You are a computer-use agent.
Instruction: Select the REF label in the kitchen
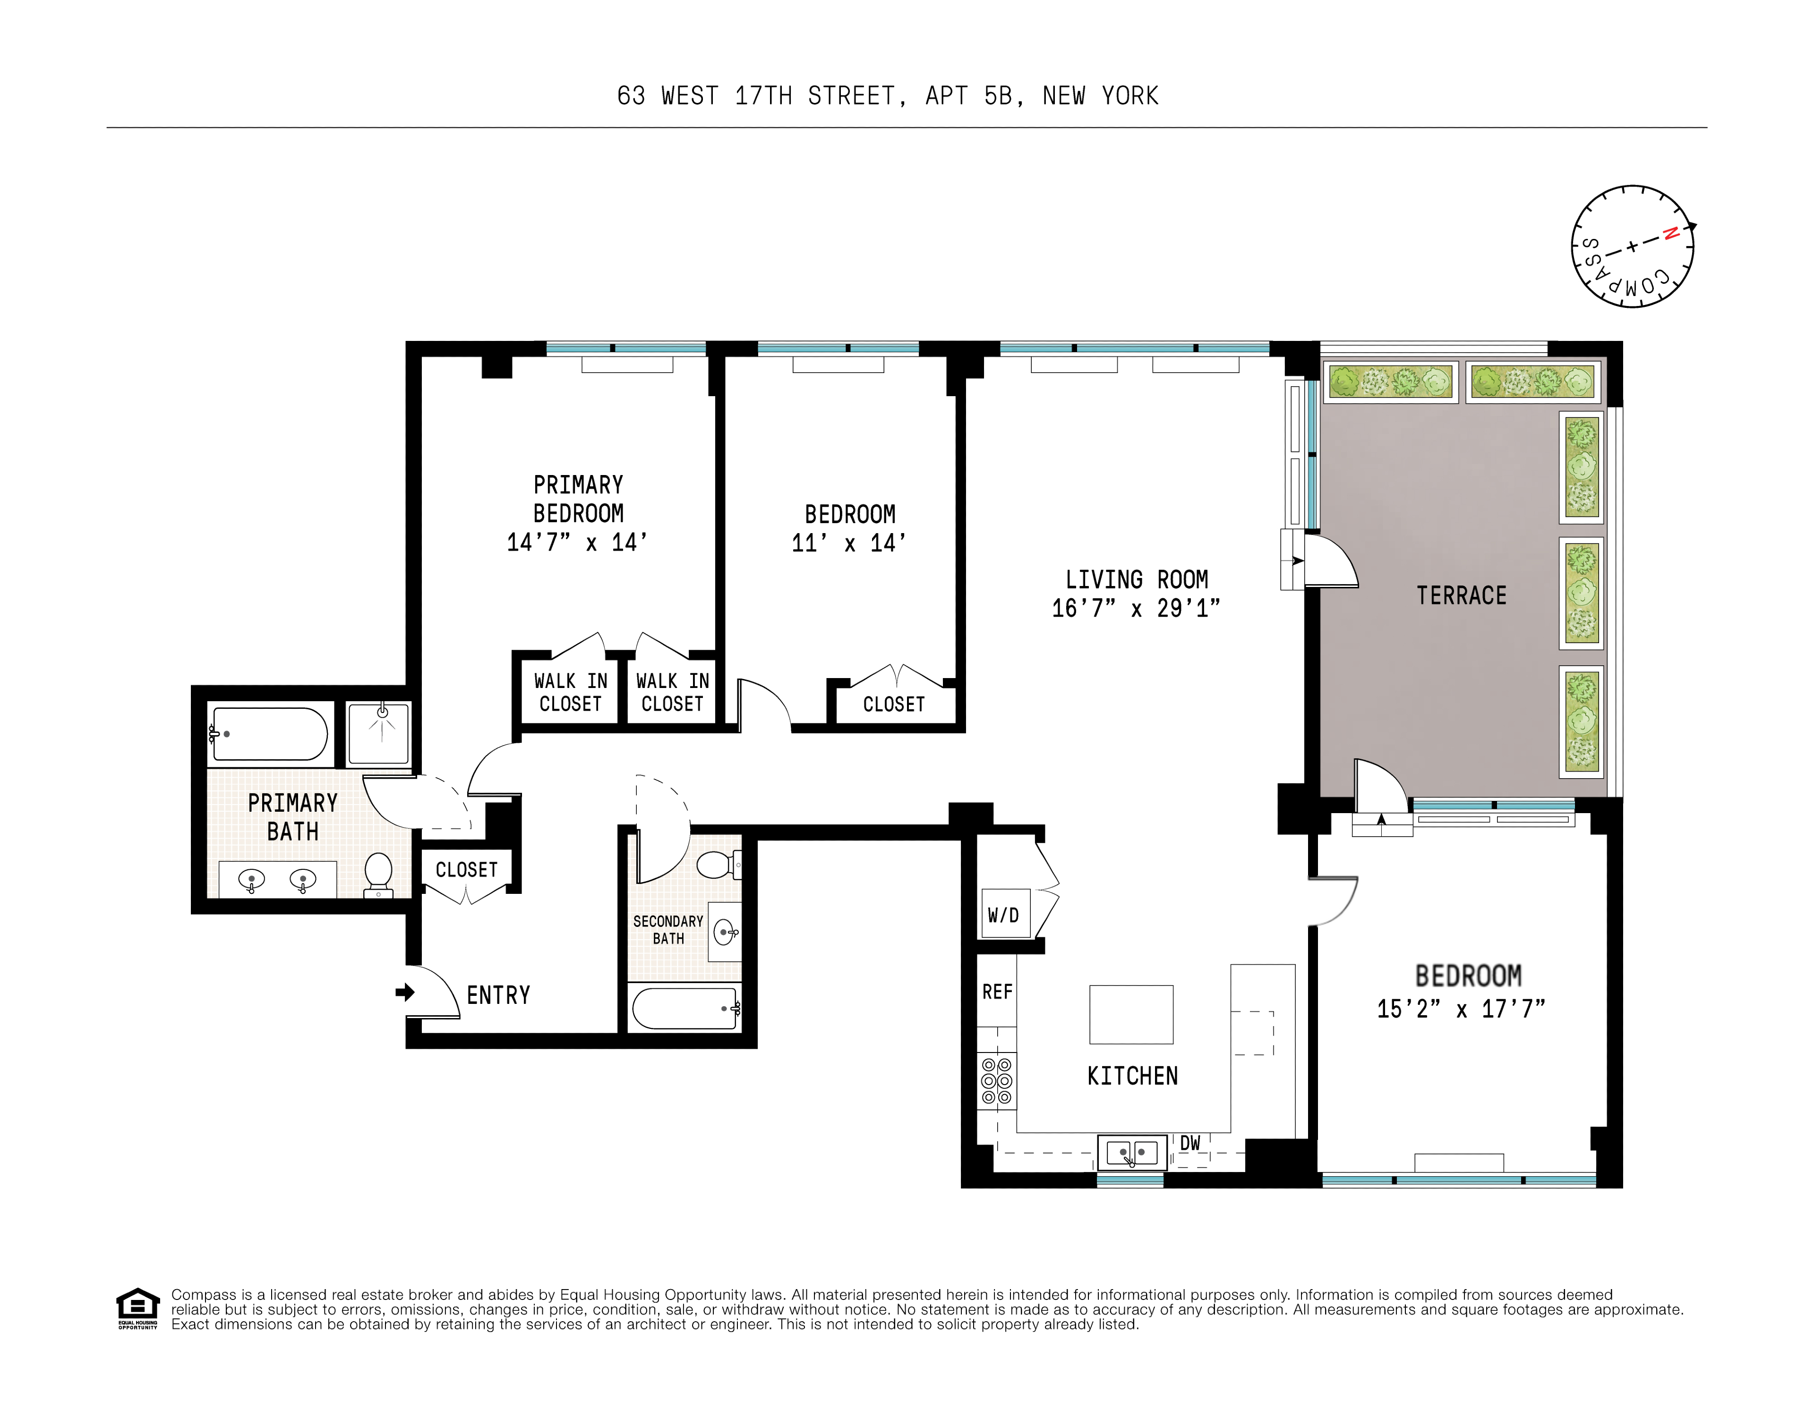[x=997, y=992]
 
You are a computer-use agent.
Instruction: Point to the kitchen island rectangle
[x=1130, y=1014]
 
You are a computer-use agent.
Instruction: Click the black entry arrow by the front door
[x=404, y=992]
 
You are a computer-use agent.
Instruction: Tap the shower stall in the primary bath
[x=379, y=733]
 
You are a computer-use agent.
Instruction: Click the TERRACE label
[x=1461, y=595]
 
